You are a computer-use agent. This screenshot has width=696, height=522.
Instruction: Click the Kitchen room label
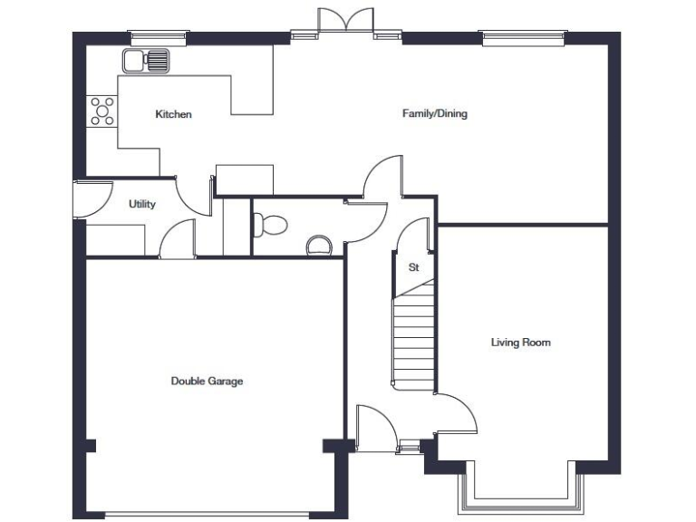tap(173, 114)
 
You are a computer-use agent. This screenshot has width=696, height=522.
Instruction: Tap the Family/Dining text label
tap(434, 114)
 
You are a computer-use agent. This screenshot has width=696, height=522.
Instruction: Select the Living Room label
tap(520, 343)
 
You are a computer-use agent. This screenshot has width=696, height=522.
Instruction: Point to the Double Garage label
tap(207, 382)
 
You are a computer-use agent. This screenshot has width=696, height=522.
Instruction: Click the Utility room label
tap(142, 204)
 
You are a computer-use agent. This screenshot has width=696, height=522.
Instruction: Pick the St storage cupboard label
tap(413, 267)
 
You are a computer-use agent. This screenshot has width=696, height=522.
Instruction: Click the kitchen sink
tap(146, 62)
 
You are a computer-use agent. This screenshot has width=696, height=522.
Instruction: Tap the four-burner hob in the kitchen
tap(102, 111)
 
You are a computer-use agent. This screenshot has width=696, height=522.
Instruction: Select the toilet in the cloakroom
tap(269, 223)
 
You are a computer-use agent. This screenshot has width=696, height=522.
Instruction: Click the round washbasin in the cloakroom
tap(318, 245)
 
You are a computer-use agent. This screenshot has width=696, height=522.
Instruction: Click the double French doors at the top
tap(345, 24)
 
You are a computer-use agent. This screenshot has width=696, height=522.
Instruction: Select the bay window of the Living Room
tap(520, 494)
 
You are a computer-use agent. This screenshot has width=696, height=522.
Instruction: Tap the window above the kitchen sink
tap(159, 38)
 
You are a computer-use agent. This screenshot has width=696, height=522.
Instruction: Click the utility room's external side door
tap(91, 198)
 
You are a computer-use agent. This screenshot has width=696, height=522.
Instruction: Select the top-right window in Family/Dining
tap(524, 38)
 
